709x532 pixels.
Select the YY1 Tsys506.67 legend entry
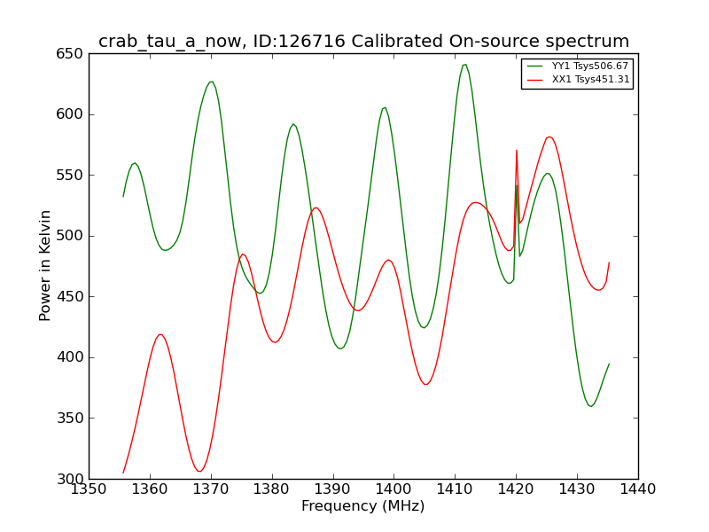[578, 66]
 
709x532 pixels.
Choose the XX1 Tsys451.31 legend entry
[579, 80]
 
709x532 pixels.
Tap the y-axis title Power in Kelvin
[44, 266]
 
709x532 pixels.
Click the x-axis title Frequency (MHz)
[363, 506]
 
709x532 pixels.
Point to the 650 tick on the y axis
[70, 54]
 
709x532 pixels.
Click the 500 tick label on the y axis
[70, 236]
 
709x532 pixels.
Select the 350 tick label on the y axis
[70, 418]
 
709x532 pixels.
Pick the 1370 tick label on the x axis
[211, 489]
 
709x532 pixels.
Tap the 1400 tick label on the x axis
[393, 489]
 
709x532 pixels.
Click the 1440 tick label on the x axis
[638, 489]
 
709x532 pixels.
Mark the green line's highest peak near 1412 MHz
[464, 65]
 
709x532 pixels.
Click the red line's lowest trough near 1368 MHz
[199, 471]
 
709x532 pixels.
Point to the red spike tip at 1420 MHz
[517, 150]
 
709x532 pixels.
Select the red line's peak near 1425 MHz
[549, 137]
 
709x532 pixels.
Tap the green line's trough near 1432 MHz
[590, 406]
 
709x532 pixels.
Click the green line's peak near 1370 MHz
[211, 82]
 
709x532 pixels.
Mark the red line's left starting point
[123, 473]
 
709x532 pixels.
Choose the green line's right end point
[609, 364]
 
